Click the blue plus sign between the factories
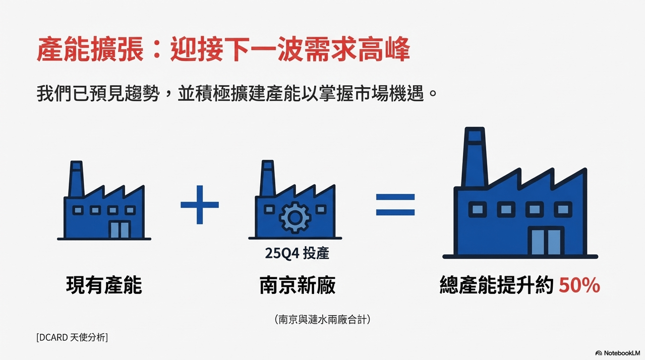[x=200, y=205]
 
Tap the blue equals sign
[x=395, y=205]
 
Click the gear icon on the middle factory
[x=295, y=217]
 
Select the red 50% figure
[x=579, y=285]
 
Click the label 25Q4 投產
[x=297, y=254]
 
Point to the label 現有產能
[x=104, y=285]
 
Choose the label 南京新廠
[x=297, y=285]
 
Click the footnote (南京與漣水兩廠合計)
[x=322, y=319]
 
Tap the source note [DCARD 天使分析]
[x=72, y=337]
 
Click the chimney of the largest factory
[x=475, y=157]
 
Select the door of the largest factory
[x=546, y=241]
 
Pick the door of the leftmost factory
[x=120, y=229]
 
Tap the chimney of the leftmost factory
[x=76, y=179]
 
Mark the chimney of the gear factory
[x=267, y=178]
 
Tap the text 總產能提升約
[x=497, y=285]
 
